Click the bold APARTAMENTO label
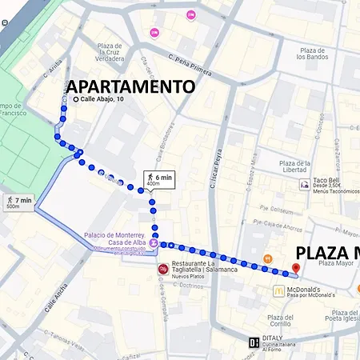130,86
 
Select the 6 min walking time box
158,179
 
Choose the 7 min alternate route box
18,202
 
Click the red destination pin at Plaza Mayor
295,270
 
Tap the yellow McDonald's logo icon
278,290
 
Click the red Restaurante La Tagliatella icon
163,270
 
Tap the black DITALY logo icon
254,342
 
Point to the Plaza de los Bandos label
312,53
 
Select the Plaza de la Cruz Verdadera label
110,54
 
